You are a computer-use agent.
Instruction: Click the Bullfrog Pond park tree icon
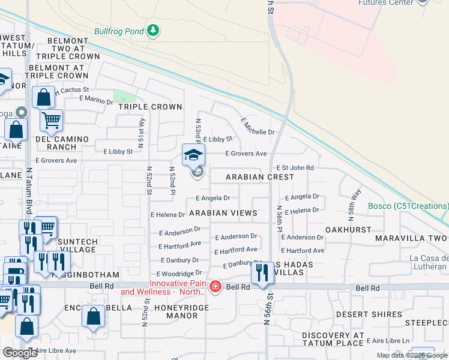click(x=154, y=30)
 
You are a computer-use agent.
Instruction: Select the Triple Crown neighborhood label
click(x=150, y=107)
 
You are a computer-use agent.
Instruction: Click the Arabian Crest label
click(x=260, y=177)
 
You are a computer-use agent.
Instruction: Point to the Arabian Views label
click(x=223, y=213)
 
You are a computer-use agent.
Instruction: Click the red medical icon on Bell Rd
click(x=215, y=287)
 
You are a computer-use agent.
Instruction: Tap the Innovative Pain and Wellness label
click(x=162, y=288)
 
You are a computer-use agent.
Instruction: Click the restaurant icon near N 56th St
click(x=262, y=274)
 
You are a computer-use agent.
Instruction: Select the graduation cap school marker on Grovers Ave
click(x=194, y=155)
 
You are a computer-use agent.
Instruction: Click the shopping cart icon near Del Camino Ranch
click(x=51, y=120)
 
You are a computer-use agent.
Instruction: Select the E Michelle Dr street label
click(x=258, y=126)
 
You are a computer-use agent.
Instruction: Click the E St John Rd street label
click(x=295, y=168)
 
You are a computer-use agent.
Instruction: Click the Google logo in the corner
click(x=20, y=353)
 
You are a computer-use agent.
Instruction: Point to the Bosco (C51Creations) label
click(x=408, y=206)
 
